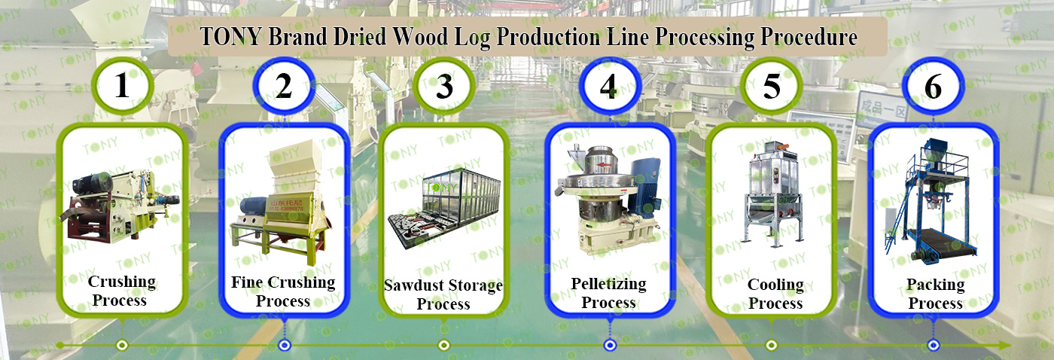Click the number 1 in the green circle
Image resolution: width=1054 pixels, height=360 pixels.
(122, 87)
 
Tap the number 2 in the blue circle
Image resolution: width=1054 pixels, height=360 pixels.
(284, 87)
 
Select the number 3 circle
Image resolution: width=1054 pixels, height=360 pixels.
(445, 87)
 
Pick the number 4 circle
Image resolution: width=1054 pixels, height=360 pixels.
(608, 87)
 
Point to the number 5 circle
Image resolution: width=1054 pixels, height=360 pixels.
(772, 87)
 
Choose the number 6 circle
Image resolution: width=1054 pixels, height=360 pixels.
(933, 87)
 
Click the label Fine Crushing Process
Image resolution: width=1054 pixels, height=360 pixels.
(283, 291)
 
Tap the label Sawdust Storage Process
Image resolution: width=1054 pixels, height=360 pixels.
(443, 294)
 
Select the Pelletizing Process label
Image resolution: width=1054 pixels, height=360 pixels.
(608, 293)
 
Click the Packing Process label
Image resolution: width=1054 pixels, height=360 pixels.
(935, 294)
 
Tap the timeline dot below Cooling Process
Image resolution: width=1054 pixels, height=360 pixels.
(772, 345)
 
